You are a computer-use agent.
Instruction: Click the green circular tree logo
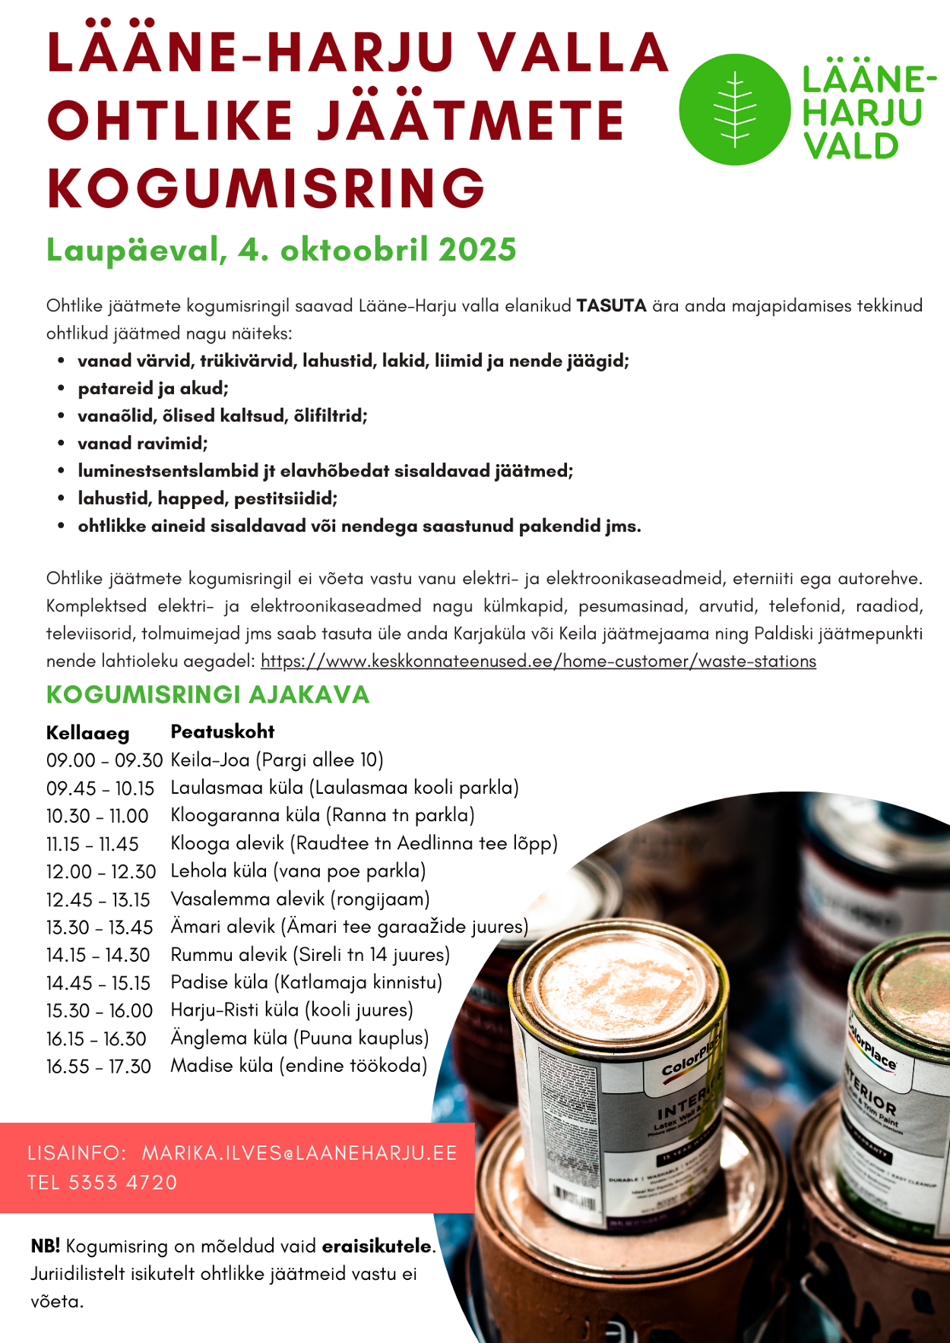pos(734,109)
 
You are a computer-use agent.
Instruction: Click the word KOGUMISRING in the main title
pos(266,188)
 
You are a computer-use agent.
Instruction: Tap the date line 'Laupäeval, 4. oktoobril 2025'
pos(281,250)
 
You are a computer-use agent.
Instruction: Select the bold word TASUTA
pos(611,306)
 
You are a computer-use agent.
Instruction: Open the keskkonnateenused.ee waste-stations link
pos(538,661)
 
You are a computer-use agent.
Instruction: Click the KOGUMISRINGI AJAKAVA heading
pos(207,694)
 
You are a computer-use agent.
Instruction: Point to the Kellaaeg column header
pos(87,733)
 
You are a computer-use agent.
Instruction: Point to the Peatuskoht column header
pos(222,732)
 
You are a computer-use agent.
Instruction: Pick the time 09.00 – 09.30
pos(104,760)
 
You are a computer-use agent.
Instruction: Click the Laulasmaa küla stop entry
pos(344,788)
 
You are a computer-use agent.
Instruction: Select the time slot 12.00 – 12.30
pos(100,872)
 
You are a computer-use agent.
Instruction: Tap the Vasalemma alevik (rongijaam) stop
pos(300,899)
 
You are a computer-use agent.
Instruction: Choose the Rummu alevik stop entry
pos(310,955)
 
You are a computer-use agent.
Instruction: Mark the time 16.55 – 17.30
pos(98,1066)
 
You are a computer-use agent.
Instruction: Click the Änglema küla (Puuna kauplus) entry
pos(299,1038)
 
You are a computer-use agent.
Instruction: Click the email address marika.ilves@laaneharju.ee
pos(299,1153)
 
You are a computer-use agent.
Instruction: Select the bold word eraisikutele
pos(376,1247)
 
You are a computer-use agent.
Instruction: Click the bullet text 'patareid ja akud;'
pos(153,389)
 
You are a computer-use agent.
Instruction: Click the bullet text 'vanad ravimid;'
pos(142,444)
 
